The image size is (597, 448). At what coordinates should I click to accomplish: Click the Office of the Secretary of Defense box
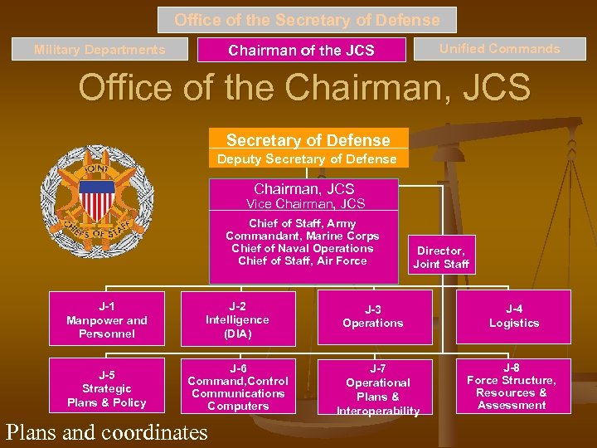(307, 20)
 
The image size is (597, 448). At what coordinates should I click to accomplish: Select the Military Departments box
(99, 50)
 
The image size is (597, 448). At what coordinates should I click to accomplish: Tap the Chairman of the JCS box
(301, 51)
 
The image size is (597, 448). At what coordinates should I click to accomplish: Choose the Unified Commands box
(499, 49)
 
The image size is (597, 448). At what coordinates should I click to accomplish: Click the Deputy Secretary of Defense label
(307, 158)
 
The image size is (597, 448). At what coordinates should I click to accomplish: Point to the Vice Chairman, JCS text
(305, 203)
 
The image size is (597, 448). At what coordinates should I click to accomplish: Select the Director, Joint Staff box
(440, 257)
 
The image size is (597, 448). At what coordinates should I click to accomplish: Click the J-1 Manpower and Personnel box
(107, 319)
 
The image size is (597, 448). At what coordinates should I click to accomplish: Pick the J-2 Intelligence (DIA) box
(238, 319)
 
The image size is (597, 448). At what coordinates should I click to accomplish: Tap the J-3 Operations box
(373, 317)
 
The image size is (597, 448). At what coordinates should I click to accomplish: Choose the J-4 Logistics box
(513, 317)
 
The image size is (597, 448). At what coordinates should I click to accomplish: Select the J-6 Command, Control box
(238, 387)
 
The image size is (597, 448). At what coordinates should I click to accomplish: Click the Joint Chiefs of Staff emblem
(98, 202)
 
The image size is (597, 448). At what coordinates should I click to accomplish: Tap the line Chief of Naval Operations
(303, 248)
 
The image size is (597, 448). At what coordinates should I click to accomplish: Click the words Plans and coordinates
(106, 432)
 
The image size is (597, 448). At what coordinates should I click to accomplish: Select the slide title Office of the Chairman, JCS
(303, 88)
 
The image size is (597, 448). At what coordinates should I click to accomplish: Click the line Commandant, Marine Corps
(303, 236)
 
